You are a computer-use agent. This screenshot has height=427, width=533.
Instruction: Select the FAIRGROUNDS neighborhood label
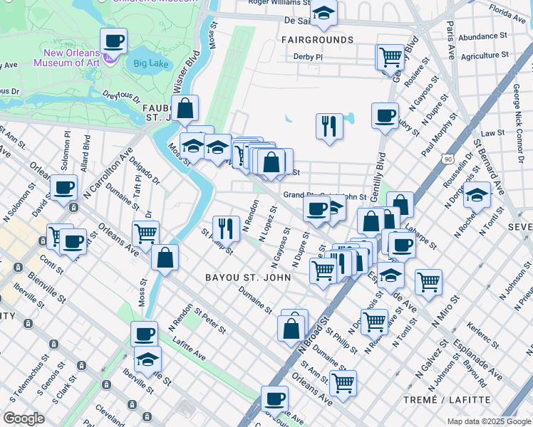point(318,40)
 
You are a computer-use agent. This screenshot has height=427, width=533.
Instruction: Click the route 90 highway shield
point(447,159)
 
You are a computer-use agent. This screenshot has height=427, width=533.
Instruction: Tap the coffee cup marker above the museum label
point(113,41)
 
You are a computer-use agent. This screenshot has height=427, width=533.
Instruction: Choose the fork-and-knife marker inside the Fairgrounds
point(330,126)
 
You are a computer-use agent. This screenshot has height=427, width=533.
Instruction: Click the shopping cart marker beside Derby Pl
point(390,56)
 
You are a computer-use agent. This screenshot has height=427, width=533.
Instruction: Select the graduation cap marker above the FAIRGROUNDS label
point(324,14)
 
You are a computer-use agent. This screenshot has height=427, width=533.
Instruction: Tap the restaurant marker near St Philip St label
point(226,228)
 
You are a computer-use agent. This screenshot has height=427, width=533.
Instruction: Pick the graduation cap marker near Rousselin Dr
point(477,194)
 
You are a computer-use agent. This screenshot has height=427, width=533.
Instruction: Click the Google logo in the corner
point(24,418)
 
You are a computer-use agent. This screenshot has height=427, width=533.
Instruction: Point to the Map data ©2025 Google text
point(489,421)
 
